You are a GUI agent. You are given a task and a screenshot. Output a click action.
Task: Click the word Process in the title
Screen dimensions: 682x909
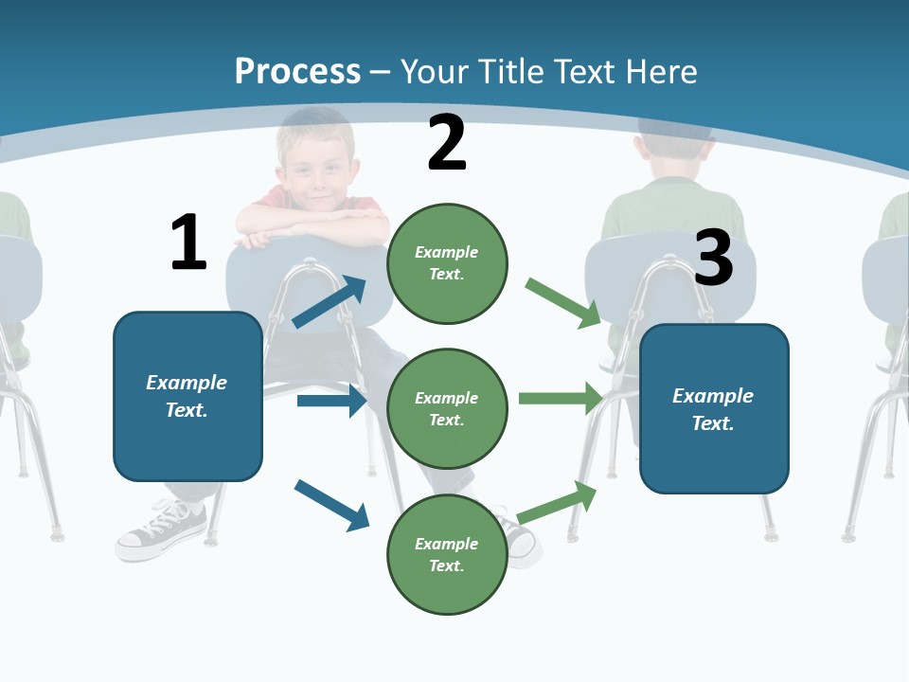pyautogui.click(x=297, y=72)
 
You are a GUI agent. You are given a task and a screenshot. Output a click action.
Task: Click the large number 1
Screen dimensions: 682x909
pyautogui.click(x=188, y=242)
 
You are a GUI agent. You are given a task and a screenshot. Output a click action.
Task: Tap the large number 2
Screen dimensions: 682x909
pyautogui.click(x=447, y=143)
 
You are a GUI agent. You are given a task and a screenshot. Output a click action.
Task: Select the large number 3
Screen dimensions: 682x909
pyautogui.click(x=713, y=258)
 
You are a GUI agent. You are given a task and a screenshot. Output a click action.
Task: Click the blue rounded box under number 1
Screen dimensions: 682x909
pyautogui.click(x=187, y=396)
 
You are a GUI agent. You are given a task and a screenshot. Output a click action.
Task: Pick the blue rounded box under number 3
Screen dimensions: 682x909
pyautogui.click(x=714, y=409)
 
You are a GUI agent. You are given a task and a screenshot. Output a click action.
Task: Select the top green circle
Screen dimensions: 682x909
pyautogui.click(x=447, y=263)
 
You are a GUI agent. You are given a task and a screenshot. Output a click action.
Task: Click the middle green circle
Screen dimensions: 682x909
pyautogui.click(x=447, y=408)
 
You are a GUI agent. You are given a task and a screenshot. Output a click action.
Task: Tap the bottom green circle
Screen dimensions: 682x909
pyautogui.click(x=447, y=554)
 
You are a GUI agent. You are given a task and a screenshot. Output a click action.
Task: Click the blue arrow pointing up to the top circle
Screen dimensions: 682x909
pyautogui.click(x=330, y=302)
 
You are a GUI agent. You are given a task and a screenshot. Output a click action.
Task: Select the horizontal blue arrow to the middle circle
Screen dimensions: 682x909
pyautogui.click(x=331, y=401)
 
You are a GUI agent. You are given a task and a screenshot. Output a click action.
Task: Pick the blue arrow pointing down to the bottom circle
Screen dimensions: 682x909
pyautogui.click(x=331, y=504)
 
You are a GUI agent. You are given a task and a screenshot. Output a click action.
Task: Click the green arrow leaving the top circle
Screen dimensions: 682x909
pyautogui.click(x=563, y=302)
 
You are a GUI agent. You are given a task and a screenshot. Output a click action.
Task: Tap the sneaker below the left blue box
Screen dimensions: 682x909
pyautogui.click(x=161, y=529)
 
